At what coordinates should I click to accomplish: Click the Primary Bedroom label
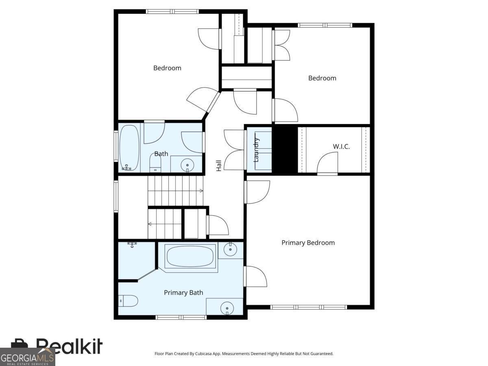click(308, 243)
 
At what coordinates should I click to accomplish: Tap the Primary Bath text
click(183, 292)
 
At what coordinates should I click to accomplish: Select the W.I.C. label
click(341, 146)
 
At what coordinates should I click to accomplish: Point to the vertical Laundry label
click(256, 150)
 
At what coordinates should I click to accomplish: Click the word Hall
click(219, 165)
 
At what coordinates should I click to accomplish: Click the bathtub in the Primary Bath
click(190, 257)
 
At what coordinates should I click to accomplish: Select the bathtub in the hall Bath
click(130, 148)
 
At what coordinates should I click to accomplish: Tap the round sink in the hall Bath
click(187, 165)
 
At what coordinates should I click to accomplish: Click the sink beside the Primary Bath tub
click(230, 249)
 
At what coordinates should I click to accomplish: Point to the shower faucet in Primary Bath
click(132, 244)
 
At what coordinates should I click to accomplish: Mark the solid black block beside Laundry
click(285, 150)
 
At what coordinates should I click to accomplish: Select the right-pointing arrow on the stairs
click(201, 190)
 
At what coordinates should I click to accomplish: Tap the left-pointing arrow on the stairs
click(150, 224)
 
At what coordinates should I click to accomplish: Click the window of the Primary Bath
click(181, 317)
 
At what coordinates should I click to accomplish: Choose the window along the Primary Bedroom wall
click(309, 307)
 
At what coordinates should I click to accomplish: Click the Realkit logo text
click(69, 346)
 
